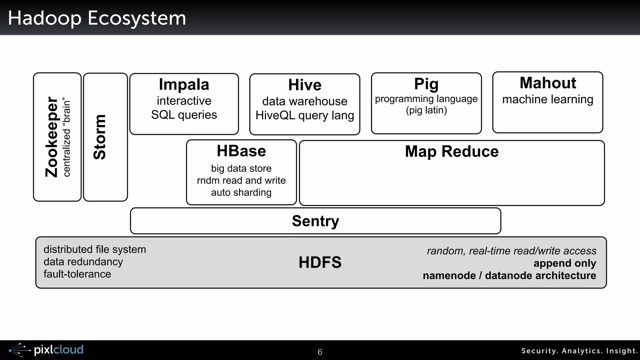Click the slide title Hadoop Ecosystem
[97, 18]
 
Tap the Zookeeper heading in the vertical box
[52, 137]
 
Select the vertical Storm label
[100, 137]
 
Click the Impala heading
[184, 84]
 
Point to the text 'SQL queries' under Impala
[184, 115]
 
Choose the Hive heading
[305, 85]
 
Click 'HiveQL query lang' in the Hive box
[305, 115]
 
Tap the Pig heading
[426, 84]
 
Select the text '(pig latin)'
[426, 110]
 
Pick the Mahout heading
[547, 83]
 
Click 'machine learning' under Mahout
[547, 99]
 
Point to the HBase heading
[241, 151]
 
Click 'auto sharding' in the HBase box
[241, 192]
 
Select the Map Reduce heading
[452, 152]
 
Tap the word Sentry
[315, 221]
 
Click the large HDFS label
[320, 262]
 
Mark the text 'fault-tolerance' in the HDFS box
[77, 274]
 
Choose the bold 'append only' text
[565, 263]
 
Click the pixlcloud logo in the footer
[47, 350]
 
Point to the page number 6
[320, 352]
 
